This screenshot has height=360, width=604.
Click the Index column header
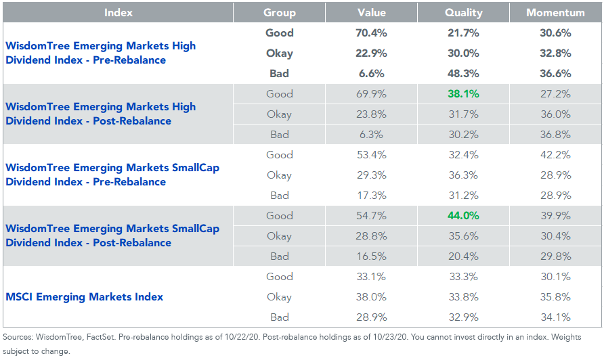(118, 13)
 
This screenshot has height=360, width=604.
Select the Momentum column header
(555, 13)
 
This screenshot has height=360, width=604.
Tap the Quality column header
(463, 13)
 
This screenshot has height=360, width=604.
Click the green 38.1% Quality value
(463, 94)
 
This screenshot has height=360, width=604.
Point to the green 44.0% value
(463, 216)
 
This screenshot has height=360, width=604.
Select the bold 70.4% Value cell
(371, 33)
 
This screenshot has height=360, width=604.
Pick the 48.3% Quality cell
(463, 74)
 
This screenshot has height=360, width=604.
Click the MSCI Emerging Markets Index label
(85, 297)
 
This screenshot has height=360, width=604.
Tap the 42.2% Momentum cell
(555, 155)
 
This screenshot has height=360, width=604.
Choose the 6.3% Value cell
(371, 135)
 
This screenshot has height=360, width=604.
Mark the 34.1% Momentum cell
(555, 317)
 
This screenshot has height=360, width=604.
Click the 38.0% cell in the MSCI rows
(371, 297)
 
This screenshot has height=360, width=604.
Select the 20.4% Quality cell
(463, 256)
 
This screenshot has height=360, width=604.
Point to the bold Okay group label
(279, 53)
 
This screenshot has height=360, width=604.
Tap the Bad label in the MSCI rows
(279, 317)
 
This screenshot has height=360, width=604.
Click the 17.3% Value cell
(371, 196)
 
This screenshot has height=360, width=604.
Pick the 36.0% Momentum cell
(555, 114)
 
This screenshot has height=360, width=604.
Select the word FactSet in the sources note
(100, 337)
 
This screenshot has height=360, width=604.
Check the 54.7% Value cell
(371, 216)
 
